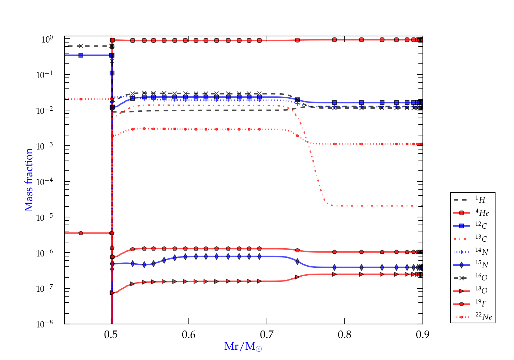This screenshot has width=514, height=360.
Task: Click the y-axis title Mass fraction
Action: coord(29,180)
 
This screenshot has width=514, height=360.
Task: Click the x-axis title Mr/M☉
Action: coord(243,347)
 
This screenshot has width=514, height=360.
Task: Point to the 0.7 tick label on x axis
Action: coord(267,335)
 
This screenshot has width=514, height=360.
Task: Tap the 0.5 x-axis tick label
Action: coord(111,335)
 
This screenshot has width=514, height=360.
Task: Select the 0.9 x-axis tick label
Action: coord(423,335)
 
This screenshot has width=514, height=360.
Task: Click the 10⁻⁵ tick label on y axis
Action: coord(45,217)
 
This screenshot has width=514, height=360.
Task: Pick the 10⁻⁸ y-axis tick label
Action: coord(45,324)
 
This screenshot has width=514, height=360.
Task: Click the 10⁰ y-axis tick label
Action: coord(47,39)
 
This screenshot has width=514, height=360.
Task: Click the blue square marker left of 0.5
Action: coord(81,55)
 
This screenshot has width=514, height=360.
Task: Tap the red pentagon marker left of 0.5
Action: coord(81,233)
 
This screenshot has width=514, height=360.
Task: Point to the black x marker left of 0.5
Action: coord(81,46)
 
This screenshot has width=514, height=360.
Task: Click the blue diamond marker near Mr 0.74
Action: coord(297,262)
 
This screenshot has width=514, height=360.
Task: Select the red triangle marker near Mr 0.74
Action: coord(297,277)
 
